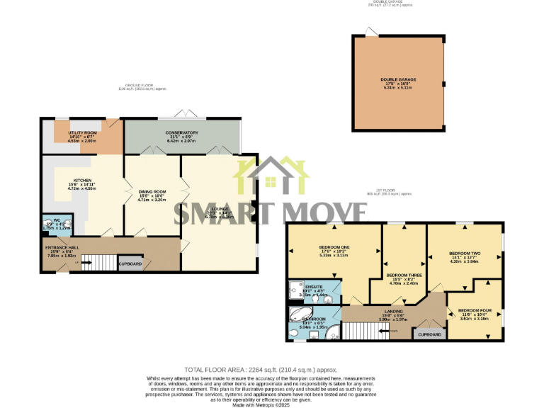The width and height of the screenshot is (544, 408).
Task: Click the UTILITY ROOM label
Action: [81, 132]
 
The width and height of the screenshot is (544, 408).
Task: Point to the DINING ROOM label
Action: [152, 192]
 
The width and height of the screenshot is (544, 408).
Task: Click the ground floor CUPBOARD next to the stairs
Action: [130, 264]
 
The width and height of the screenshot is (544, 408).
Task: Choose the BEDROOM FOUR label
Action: [475, 310]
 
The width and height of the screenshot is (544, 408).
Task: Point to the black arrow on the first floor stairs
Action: [383, 331]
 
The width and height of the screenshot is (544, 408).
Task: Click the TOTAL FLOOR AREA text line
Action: [261, 370]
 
